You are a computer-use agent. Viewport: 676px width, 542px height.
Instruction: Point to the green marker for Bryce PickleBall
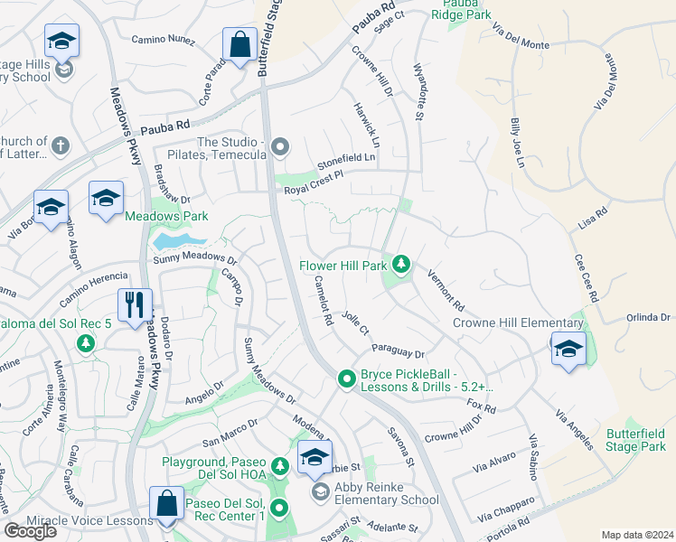pyautogui.click(x=345, y=379)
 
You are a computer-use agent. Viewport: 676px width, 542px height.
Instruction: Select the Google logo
pyautogui.click(x=30, y=531)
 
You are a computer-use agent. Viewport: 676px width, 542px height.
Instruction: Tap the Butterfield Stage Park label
pyautogui.click(x=636, y=440)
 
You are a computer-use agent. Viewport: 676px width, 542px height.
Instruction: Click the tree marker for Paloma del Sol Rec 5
pyautogui.click(x=86, y=343)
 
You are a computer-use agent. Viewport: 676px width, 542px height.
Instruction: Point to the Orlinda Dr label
pyautogui.click(x=649, y=317)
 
